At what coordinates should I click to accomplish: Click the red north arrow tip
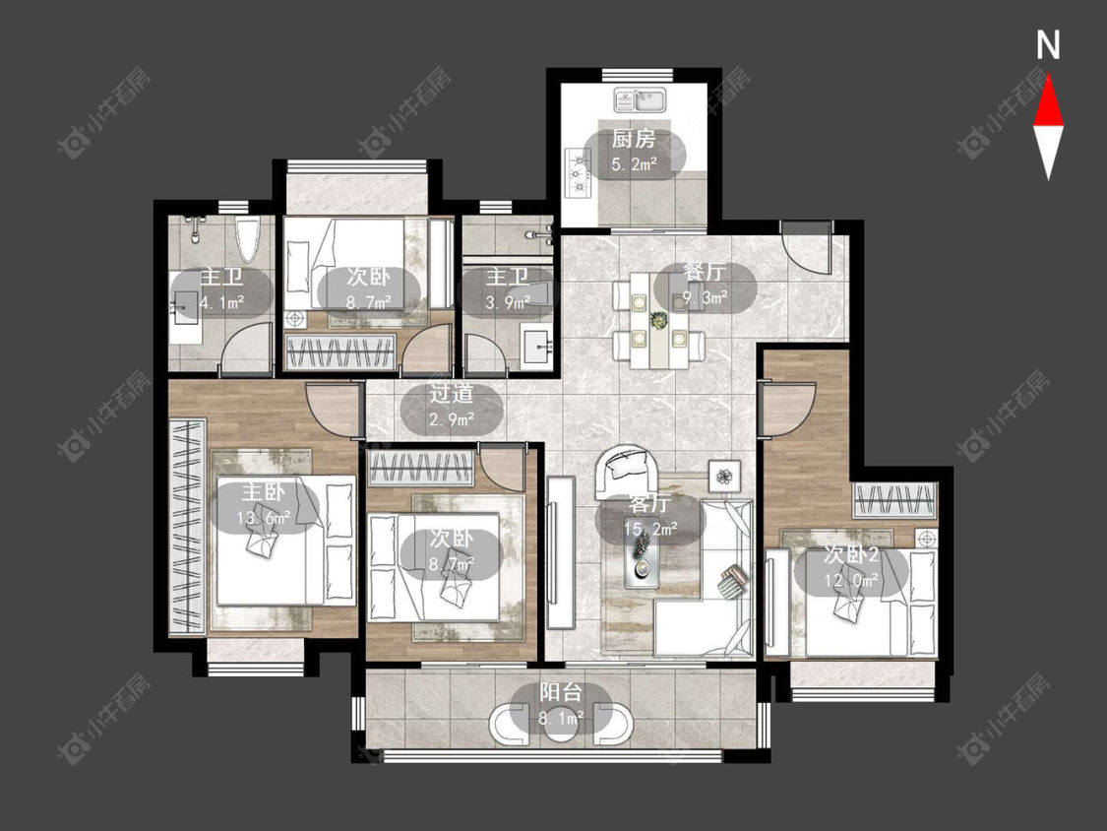pos(1048,76)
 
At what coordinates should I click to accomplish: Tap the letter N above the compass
pos(1048,45)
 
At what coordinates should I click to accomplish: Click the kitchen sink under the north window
pos(640,99)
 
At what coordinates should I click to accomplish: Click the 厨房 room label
pos(634,139)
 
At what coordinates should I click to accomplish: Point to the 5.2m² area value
pos(634,165)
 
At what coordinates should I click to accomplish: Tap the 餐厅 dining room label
pos(705,273)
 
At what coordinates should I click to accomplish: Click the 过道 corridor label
pos(452,394)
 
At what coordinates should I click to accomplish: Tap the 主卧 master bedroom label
pos(263,492)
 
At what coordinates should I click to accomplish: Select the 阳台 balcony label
pos(561,692)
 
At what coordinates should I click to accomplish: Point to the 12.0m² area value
pos(851,581)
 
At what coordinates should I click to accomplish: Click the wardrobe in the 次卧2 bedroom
pos(895,501)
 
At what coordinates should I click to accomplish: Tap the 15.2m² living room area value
pos(650,528)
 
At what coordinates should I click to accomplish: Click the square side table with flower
pos(724,476)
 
